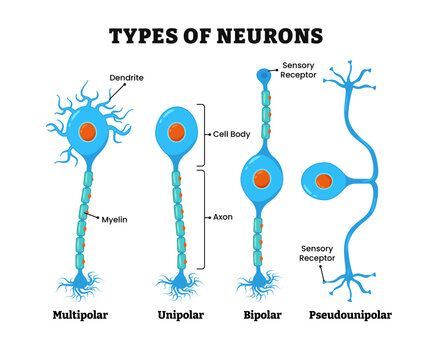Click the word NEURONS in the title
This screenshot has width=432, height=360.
tap(268, 37)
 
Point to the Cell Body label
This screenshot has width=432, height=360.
tap(232, 134)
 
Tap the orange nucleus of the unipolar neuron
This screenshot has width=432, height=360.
tap(177, 131)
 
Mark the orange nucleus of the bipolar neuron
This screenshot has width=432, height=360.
tap(261, 179)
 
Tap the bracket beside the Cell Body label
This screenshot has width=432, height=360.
tap(206, 134)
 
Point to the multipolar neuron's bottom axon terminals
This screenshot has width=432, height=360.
tap(88, 284)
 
